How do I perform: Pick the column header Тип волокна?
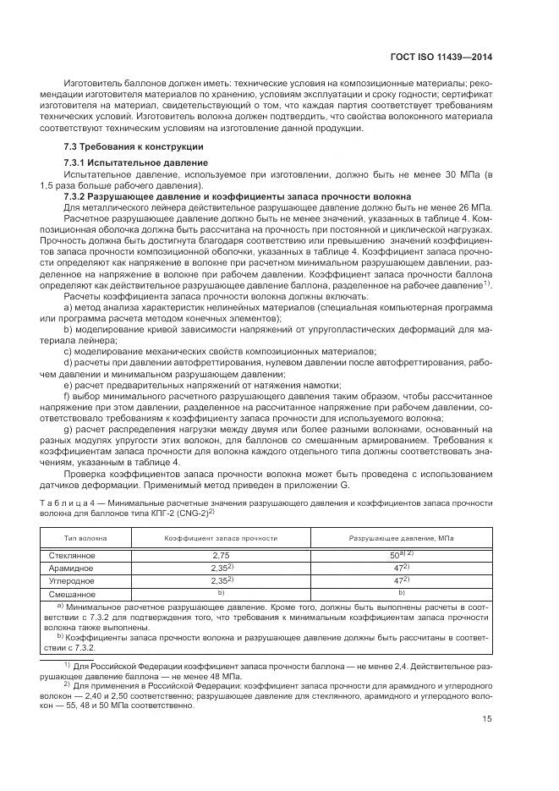pos(83,538)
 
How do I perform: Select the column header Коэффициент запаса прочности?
pos(209,538)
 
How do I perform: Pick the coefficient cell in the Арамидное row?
pos(221,568)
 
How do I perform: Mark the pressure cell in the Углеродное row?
pos(398,581)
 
